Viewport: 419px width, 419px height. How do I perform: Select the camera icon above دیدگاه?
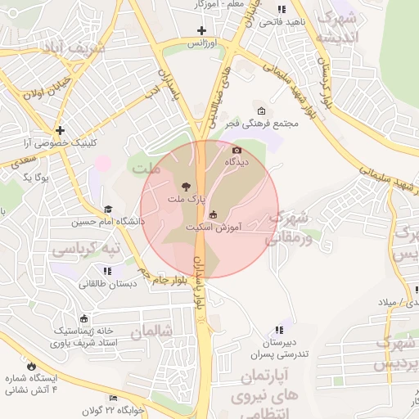237,150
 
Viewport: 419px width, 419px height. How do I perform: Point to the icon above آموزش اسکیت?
213,214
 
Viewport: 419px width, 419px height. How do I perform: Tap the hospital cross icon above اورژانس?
201,31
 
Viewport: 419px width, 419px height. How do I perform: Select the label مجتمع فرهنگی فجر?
265,123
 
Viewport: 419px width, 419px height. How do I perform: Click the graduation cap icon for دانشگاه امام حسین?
108,209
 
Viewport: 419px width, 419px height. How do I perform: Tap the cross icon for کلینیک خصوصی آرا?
60,130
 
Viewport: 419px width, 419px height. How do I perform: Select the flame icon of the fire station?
32,366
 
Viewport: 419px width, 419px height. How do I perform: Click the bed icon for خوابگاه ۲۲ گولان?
113,399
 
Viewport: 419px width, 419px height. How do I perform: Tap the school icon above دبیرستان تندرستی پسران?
281,329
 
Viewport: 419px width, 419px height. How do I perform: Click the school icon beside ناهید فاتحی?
281,9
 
